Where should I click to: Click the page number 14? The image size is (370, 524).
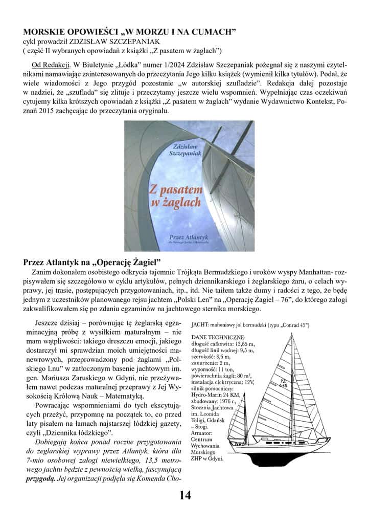pyautogui.click(x=184, y=495)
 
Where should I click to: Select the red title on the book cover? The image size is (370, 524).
pyautogui.click(x=175, y=196)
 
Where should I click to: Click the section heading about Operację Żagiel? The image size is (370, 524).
pyautogui.click(x=92, y=261)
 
